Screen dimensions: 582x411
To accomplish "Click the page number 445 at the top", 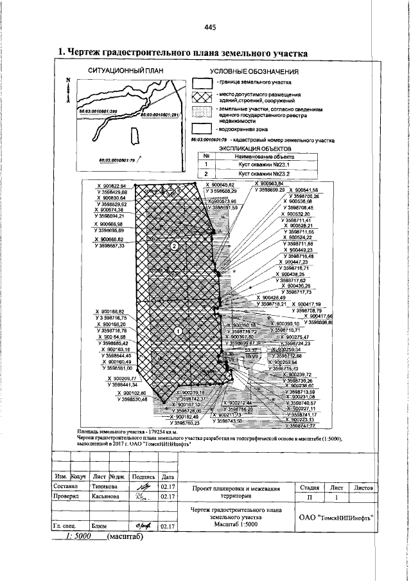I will (209, 27).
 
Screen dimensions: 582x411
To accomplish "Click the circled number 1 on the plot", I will (179, 330).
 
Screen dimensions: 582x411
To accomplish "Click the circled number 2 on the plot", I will (174, 246).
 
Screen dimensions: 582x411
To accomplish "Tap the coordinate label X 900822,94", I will (111, 186).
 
